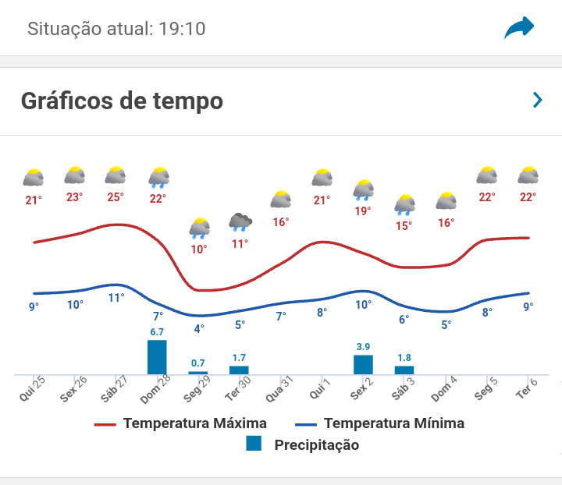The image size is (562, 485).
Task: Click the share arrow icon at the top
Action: [x=519, y=29]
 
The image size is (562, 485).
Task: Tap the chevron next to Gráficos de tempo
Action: [x=537, y=100]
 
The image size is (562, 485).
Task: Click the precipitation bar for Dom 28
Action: [x=157, y=357]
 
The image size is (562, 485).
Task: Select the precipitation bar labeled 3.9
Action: [x=363, y=364]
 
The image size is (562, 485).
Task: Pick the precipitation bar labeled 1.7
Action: [x=239, y=370]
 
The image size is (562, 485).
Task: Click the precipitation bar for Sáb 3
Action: [x=404, y=370]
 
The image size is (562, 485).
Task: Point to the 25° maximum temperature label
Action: [x=116, y=197]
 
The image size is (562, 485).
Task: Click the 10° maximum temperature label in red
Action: [x=199, y=250]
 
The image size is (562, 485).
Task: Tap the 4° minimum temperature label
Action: [x=199, y=329]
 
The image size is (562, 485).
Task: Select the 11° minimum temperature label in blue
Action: [x=116, y=297]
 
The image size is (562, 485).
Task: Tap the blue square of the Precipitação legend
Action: [x=254, y=444]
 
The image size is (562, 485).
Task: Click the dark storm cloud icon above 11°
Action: [x=240, y=222]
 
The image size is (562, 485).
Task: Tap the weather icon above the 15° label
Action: [x=404, y=205]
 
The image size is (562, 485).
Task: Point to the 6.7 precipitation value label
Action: [x=157, y=331]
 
